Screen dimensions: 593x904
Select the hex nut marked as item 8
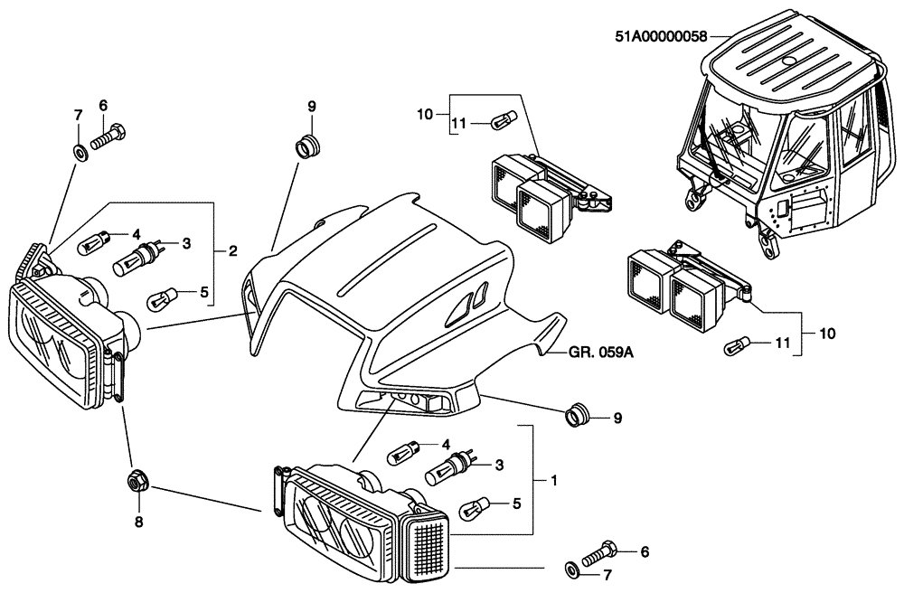pos(135,482)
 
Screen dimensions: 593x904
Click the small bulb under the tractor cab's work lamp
pos(738,344)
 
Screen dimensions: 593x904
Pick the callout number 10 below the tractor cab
pos(828,334)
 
